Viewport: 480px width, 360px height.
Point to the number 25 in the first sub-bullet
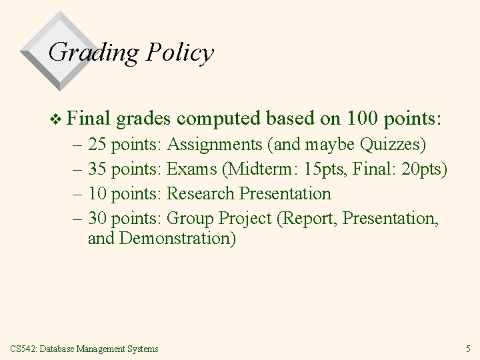coord(97,144)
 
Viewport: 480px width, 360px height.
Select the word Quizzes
coord(393,144)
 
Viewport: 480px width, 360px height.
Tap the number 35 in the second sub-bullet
coord(97,169)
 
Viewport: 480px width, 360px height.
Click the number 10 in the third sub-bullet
coord(97,193)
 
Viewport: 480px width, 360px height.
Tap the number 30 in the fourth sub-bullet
coord(97,218)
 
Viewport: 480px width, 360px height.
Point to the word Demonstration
coord(177,239)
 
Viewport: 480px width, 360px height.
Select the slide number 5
coord(468,348)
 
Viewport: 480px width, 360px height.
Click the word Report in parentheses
coord(301,218)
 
